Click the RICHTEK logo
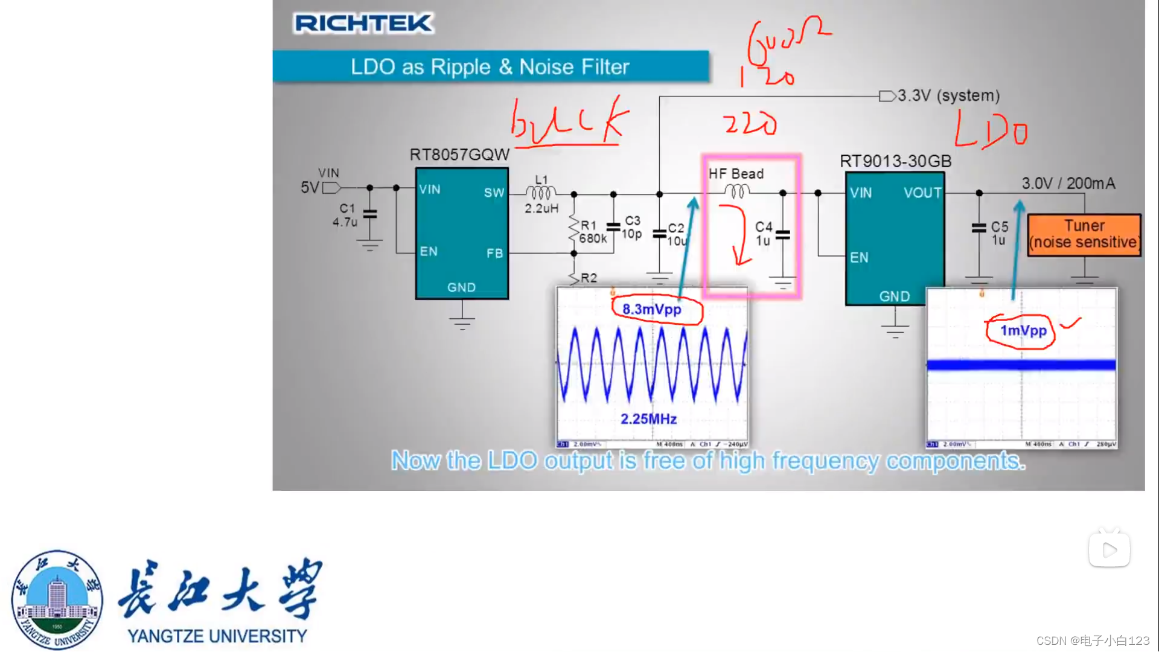[x=363, y=24]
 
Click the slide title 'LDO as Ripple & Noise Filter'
[x=490, y=66]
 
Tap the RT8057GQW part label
[x=459, y=155]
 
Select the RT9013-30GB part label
[x=895, y=161]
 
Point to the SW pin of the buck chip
[x=493, y=193]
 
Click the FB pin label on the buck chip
[x=494, y=254]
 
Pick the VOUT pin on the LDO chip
[x=922, y=193]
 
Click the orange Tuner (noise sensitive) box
[x=1084, y=235]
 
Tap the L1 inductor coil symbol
[x=541, y=193]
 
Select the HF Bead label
[x=736, y=174]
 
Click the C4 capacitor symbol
[x=783, y=235]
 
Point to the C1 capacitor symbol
[x=370, y=214]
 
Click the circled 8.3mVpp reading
[x=652, y=310]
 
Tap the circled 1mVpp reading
[x=1023, y=331]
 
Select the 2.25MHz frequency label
[x=648, y=419]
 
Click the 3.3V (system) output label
[x=948, y=96]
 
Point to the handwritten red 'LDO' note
[x=990, y=130]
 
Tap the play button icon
[x=1109, y=549]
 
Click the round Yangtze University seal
[x=57, y=599]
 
